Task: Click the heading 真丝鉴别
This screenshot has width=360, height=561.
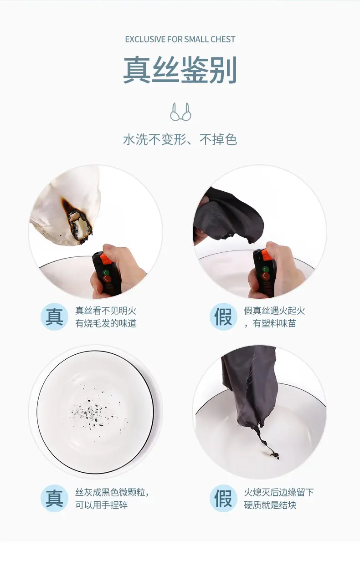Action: (x=180, y=69)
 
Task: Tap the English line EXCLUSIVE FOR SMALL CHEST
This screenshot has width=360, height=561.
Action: (x=180, y=39)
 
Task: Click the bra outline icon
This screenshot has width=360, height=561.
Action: (x=180, y=112)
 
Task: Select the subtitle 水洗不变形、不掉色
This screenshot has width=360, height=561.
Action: (x=180, y=139)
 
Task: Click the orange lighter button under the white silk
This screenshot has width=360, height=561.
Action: (x=107, y=259)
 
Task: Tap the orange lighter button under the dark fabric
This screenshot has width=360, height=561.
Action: (x=267, y=255)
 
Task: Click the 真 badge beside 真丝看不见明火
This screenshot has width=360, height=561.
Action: (x=54, y=316)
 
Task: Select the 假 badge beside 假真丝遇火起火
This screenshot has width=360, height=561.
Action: (x=223, y=316)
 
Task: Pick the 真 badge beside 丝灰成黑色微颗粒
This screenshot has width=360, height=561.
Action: (x=54, y=498)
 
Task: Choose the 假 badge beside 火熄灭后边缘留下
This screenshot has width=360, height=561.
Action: (x=223, y=498)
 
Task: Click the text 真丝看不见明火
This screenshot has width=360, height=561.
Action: (x=106, y=311)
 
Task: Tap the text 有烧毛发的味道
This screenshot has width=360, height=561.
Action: (x=106, y=323)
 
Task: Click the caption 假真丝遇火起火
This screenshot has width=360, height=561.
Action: (x=274, y=311)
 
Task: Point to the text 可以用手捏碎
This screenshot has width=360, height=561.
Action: (x=102, y=505)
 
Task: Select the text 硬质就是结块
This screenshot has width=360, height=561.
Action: (x=270, y=505)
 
